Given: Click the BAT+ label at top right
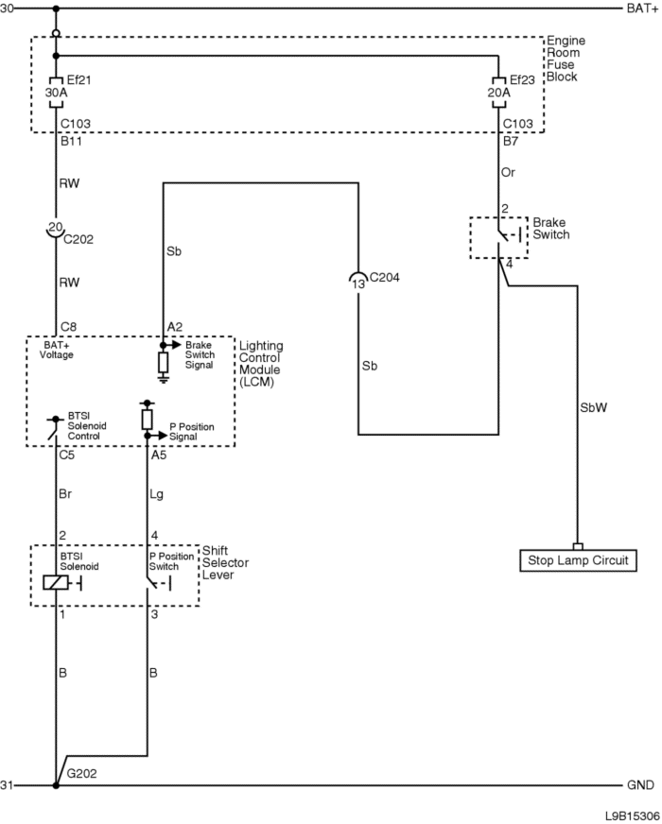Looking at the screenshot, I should [638, 9].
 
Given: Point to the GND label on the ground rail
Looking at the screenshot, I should [638, 785].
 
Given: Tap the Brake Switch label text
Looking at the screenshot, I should [551, 228].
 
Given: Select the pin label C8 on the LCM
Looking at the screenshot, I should [69, 326].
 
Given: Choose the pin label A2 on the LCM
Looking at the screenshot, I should [174, 326].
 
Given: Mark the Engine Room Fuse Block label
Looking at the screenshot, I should [566, 59].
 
